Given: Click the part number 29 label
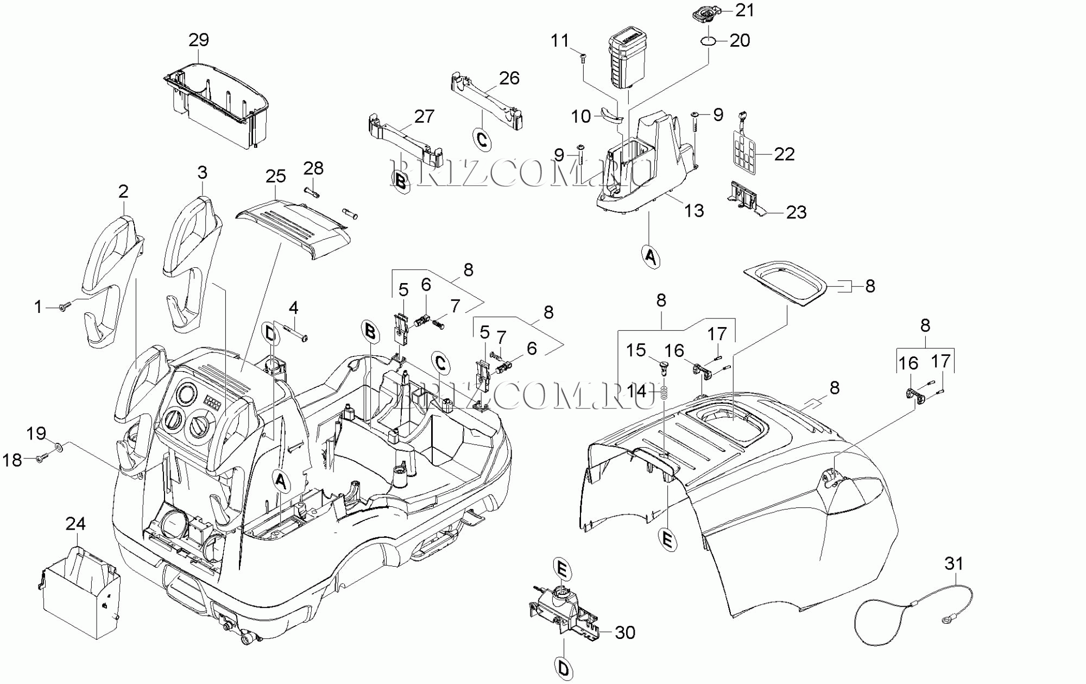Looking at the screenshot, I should coord(199,40).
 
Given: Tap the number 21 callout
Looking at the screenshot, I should coord(744,10).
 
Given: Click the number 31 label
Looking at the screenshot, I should coord(954,563).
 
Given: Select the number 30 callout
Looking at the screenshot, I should coord(625,632).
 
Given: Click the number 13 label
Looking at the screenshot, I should coord(693,210).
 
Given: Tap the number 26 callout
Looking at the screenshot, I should coord(509,78).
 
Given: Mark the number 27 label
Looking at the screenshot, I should coord(424,116).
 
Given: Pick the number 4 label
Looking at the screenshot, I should coord(293,308).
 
